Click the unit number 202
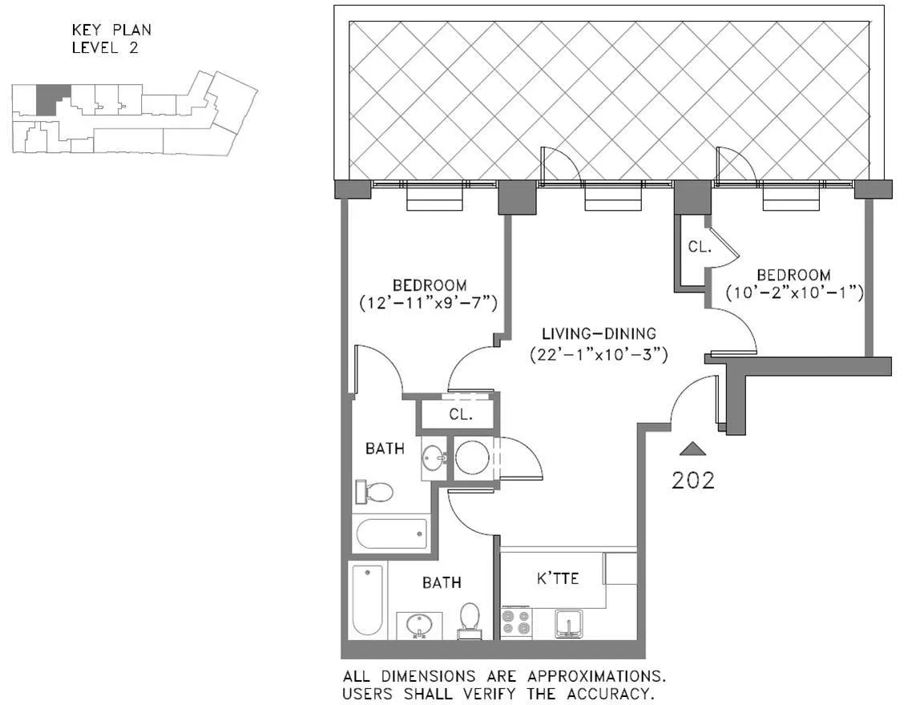[x=692, y=480]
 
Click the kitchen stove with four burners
[x=516, y=622]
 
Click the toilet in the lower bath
[x=470, y=621]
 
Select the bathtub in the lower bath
[x=367, y=599]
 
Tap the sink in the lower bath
[x=418, y=625]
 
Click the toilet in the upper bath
[x=375, y=491]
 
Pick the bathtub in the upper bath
[x=392, y=533]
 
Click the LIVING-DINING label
[x=599, y=333]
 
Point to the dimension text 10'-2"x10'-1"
[x=794, y=292]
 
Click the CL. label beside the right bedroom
[x=699, y=248]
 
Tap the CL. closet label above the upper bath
[x=460, y=415]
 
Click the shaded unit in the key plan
[x=52, y=99]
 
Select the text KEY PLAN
[x=111, y=30]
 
